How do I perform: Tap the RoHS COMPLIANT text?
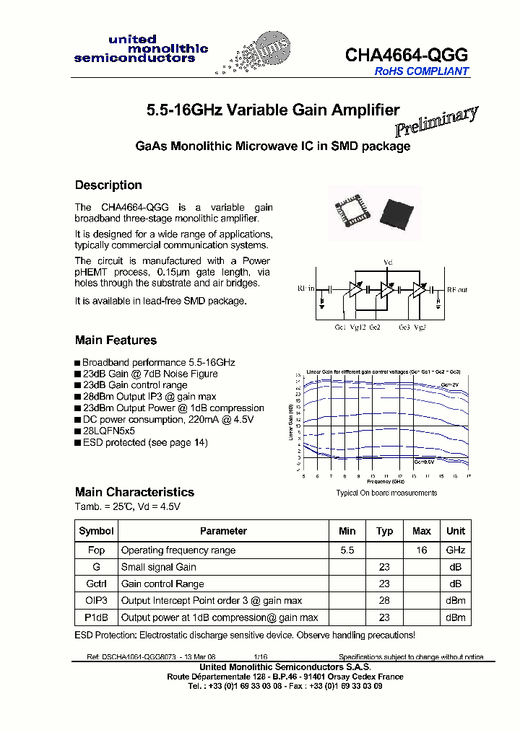[x=421, y=71]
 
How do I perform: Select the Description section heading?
[x=108, y=185]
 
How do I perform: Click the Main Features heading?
[x=116, y=340]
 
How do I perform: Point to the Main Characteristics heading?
[x=134, y=492]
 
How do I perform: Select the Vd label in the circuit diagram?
[x=387, y=261]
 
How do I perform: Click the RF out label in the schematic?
[x=456, y=289]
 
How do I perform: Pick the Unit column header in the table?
[x=456, y=531]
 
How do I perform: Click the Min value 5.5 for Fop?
[x=347, y=550]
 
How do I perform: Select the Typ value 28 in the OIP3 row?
[x=384, y=601]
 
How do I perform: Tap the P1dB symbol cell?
[x=96, y=617]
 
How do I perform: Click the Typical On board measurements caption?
[x=386, y=493]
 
